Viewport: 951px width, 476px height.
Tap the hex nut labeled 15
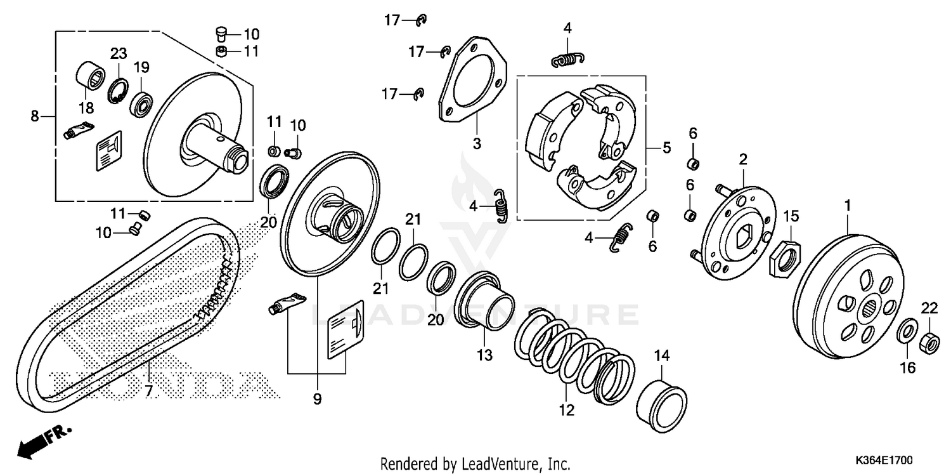[785, 258]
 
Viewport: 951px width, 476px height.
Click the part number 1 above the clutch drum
[848, 205]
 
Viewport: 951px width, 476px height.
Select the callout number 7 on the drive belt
[148, 391]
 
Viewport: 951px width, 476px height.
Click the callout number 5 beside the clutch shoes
[666, 148]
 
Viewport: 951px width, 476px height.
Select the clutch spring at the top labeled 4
[566, 60]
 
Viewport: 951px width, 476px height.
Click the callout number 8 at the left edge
[35, 116]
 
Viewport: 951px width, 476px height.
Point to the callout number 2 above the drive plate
[742, 158]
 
